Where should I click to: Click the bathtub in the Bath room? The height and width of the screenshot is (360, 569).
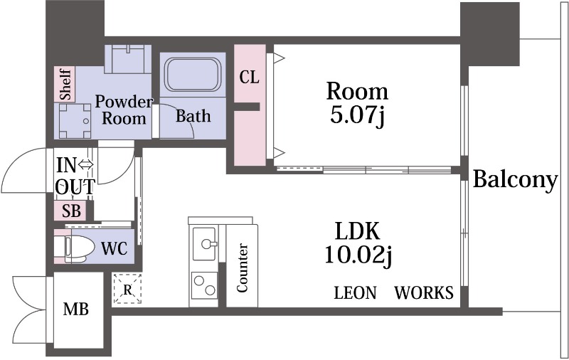point(193,75)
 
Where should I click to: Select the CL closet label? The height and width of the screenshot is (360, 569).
point(250,78)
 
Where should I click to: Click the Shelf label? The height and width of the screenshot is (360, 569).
point(65,84)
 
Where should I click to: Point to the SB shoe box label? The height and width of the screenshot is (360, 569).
point(71,211)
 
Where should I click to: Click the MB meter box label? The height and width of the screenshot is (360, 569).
point(76,309)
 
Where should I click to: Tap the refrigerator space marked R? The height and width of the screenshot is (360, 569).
point(127,290)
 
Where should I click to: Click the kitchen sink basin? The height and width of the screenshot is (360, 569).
point(205,243)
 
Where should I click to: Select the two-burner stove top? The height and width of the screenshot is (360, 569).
point(204,285)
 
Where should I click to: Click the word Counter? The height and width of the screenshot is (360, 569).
point(242,268)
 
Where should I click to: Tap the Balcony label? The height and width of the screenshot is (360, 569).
point(515,180)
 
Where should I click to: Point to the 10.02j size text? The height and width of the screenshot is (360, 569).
point(358,255)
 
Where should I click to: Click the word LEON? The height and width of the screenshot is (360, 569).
point(355,293)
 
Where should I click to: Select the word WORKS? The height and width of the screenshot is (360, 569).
point(424,293)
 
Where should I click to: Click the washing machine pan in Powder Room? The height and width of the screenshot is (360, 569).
point(75,121)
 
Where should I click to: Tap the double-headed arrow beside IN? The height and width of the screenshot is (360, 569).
point(86,166)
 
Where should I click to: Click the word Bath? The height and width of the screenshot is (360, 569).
point(193,116)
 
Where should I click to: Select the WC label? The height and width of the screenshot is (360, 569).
point(115,248)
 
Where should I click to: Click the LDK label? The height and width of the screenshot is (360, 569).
point(358,231)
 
